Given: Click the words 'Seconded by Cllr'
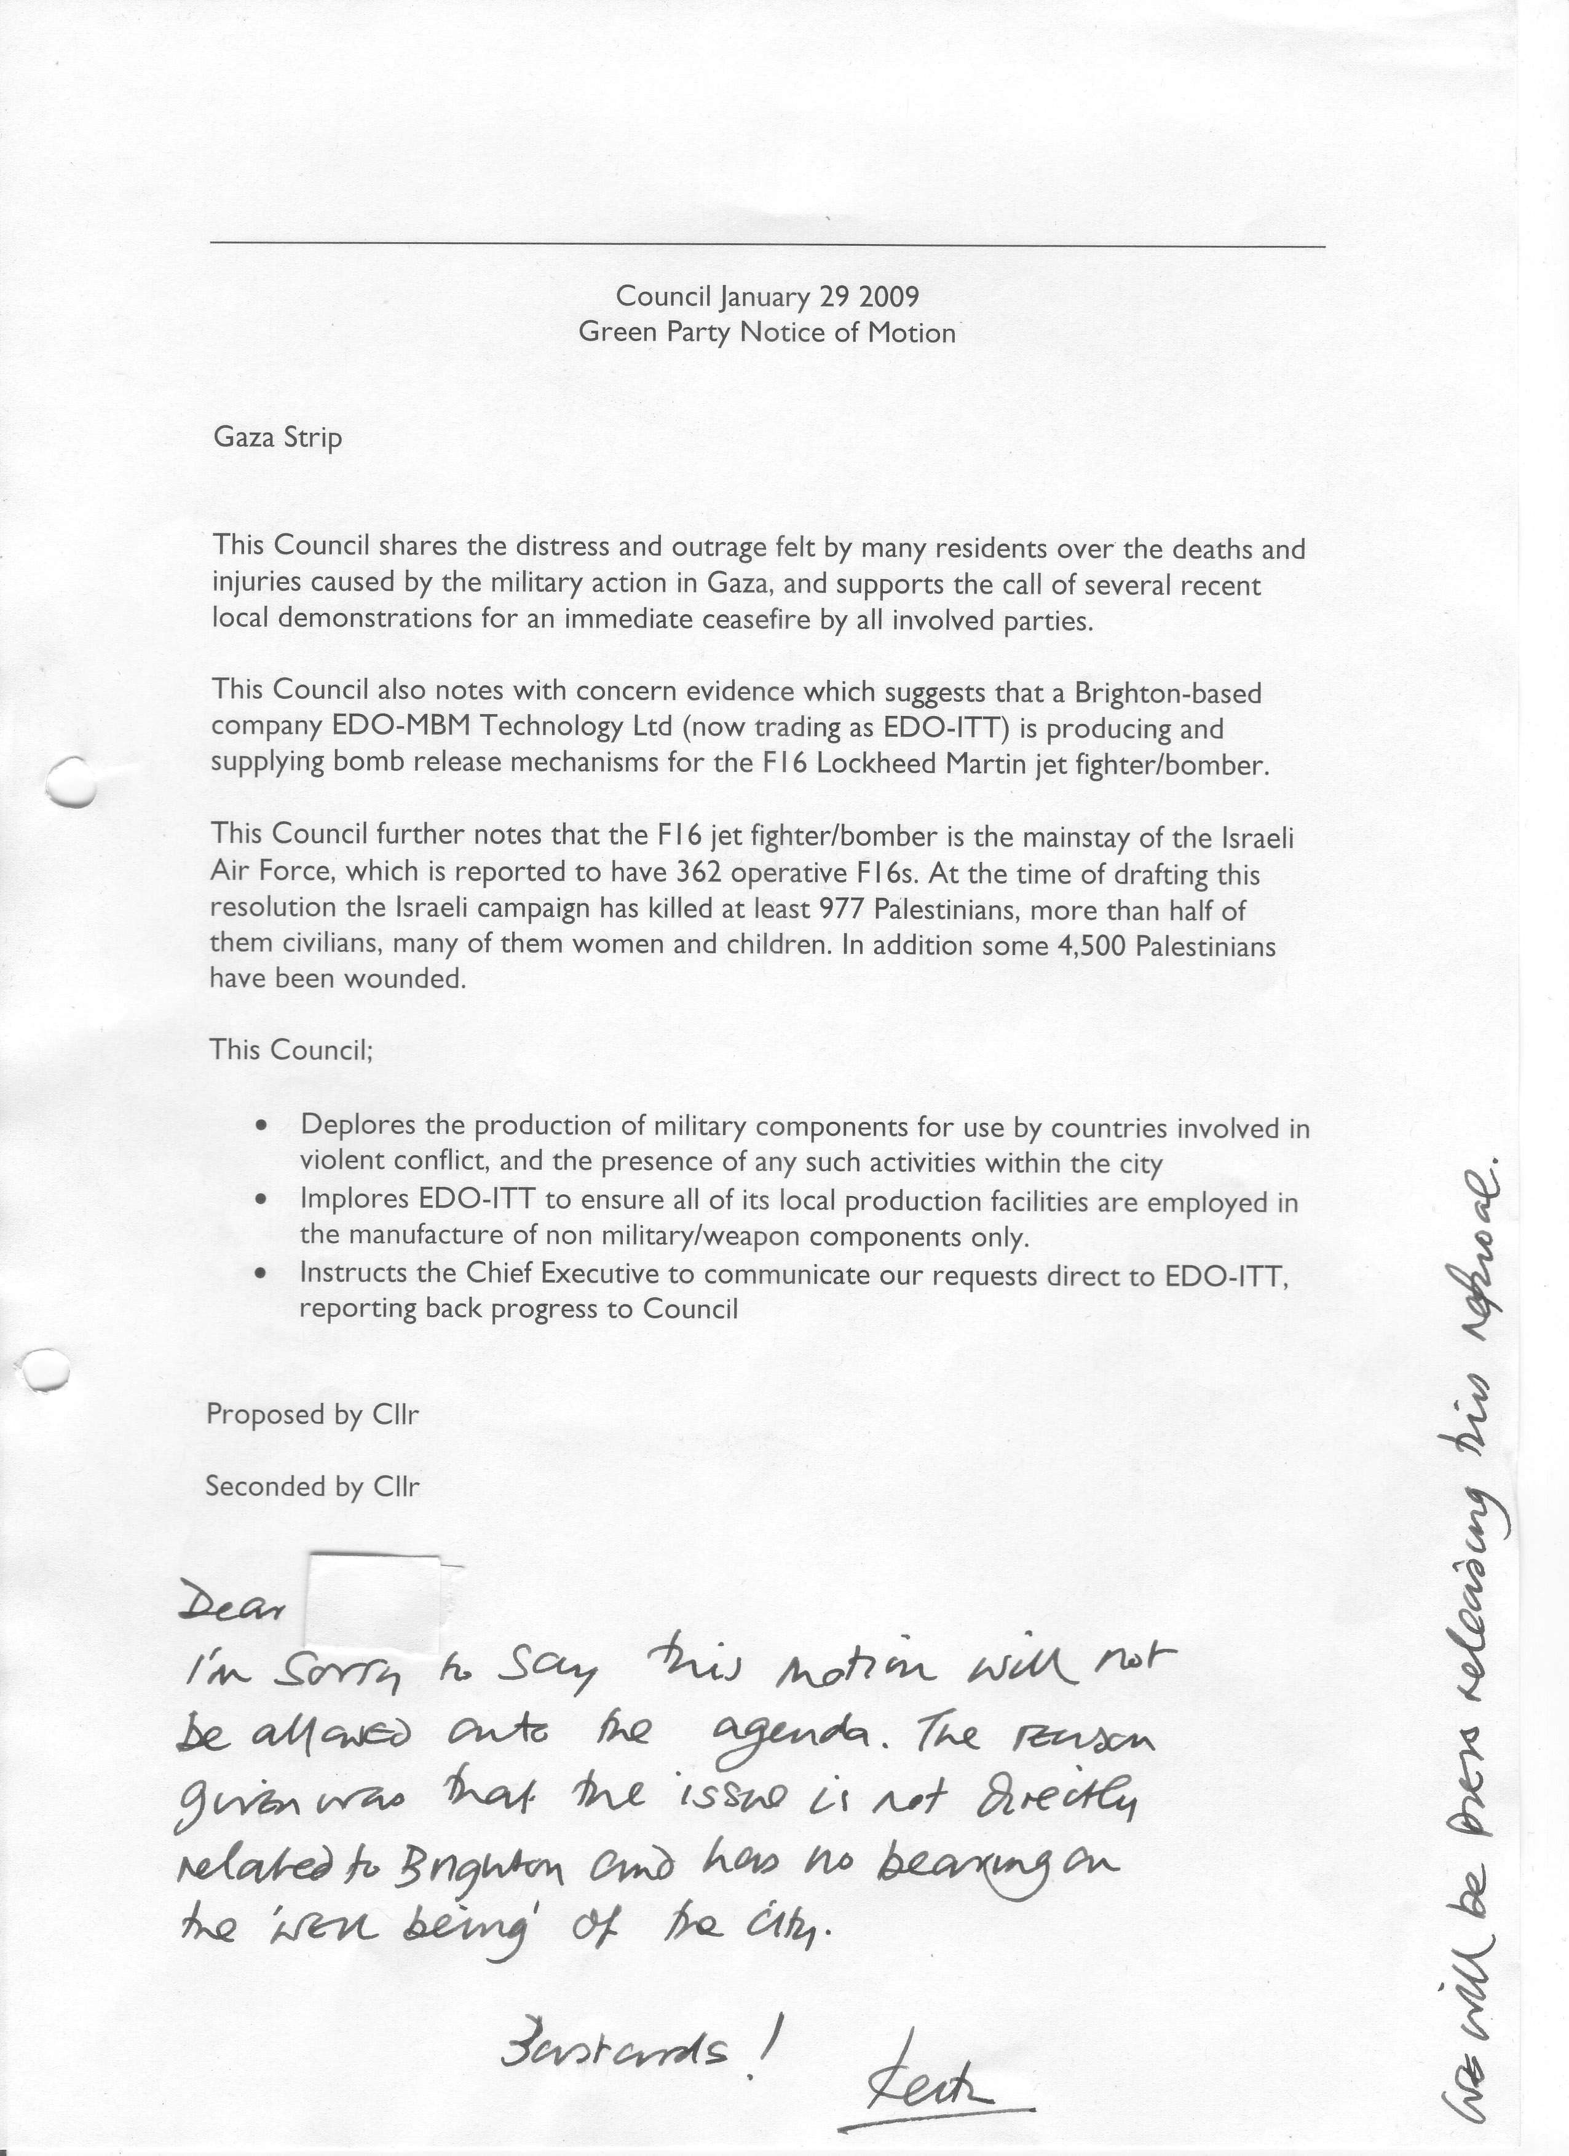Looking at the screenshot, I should pyautogui.click(x=312, y=1487).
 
